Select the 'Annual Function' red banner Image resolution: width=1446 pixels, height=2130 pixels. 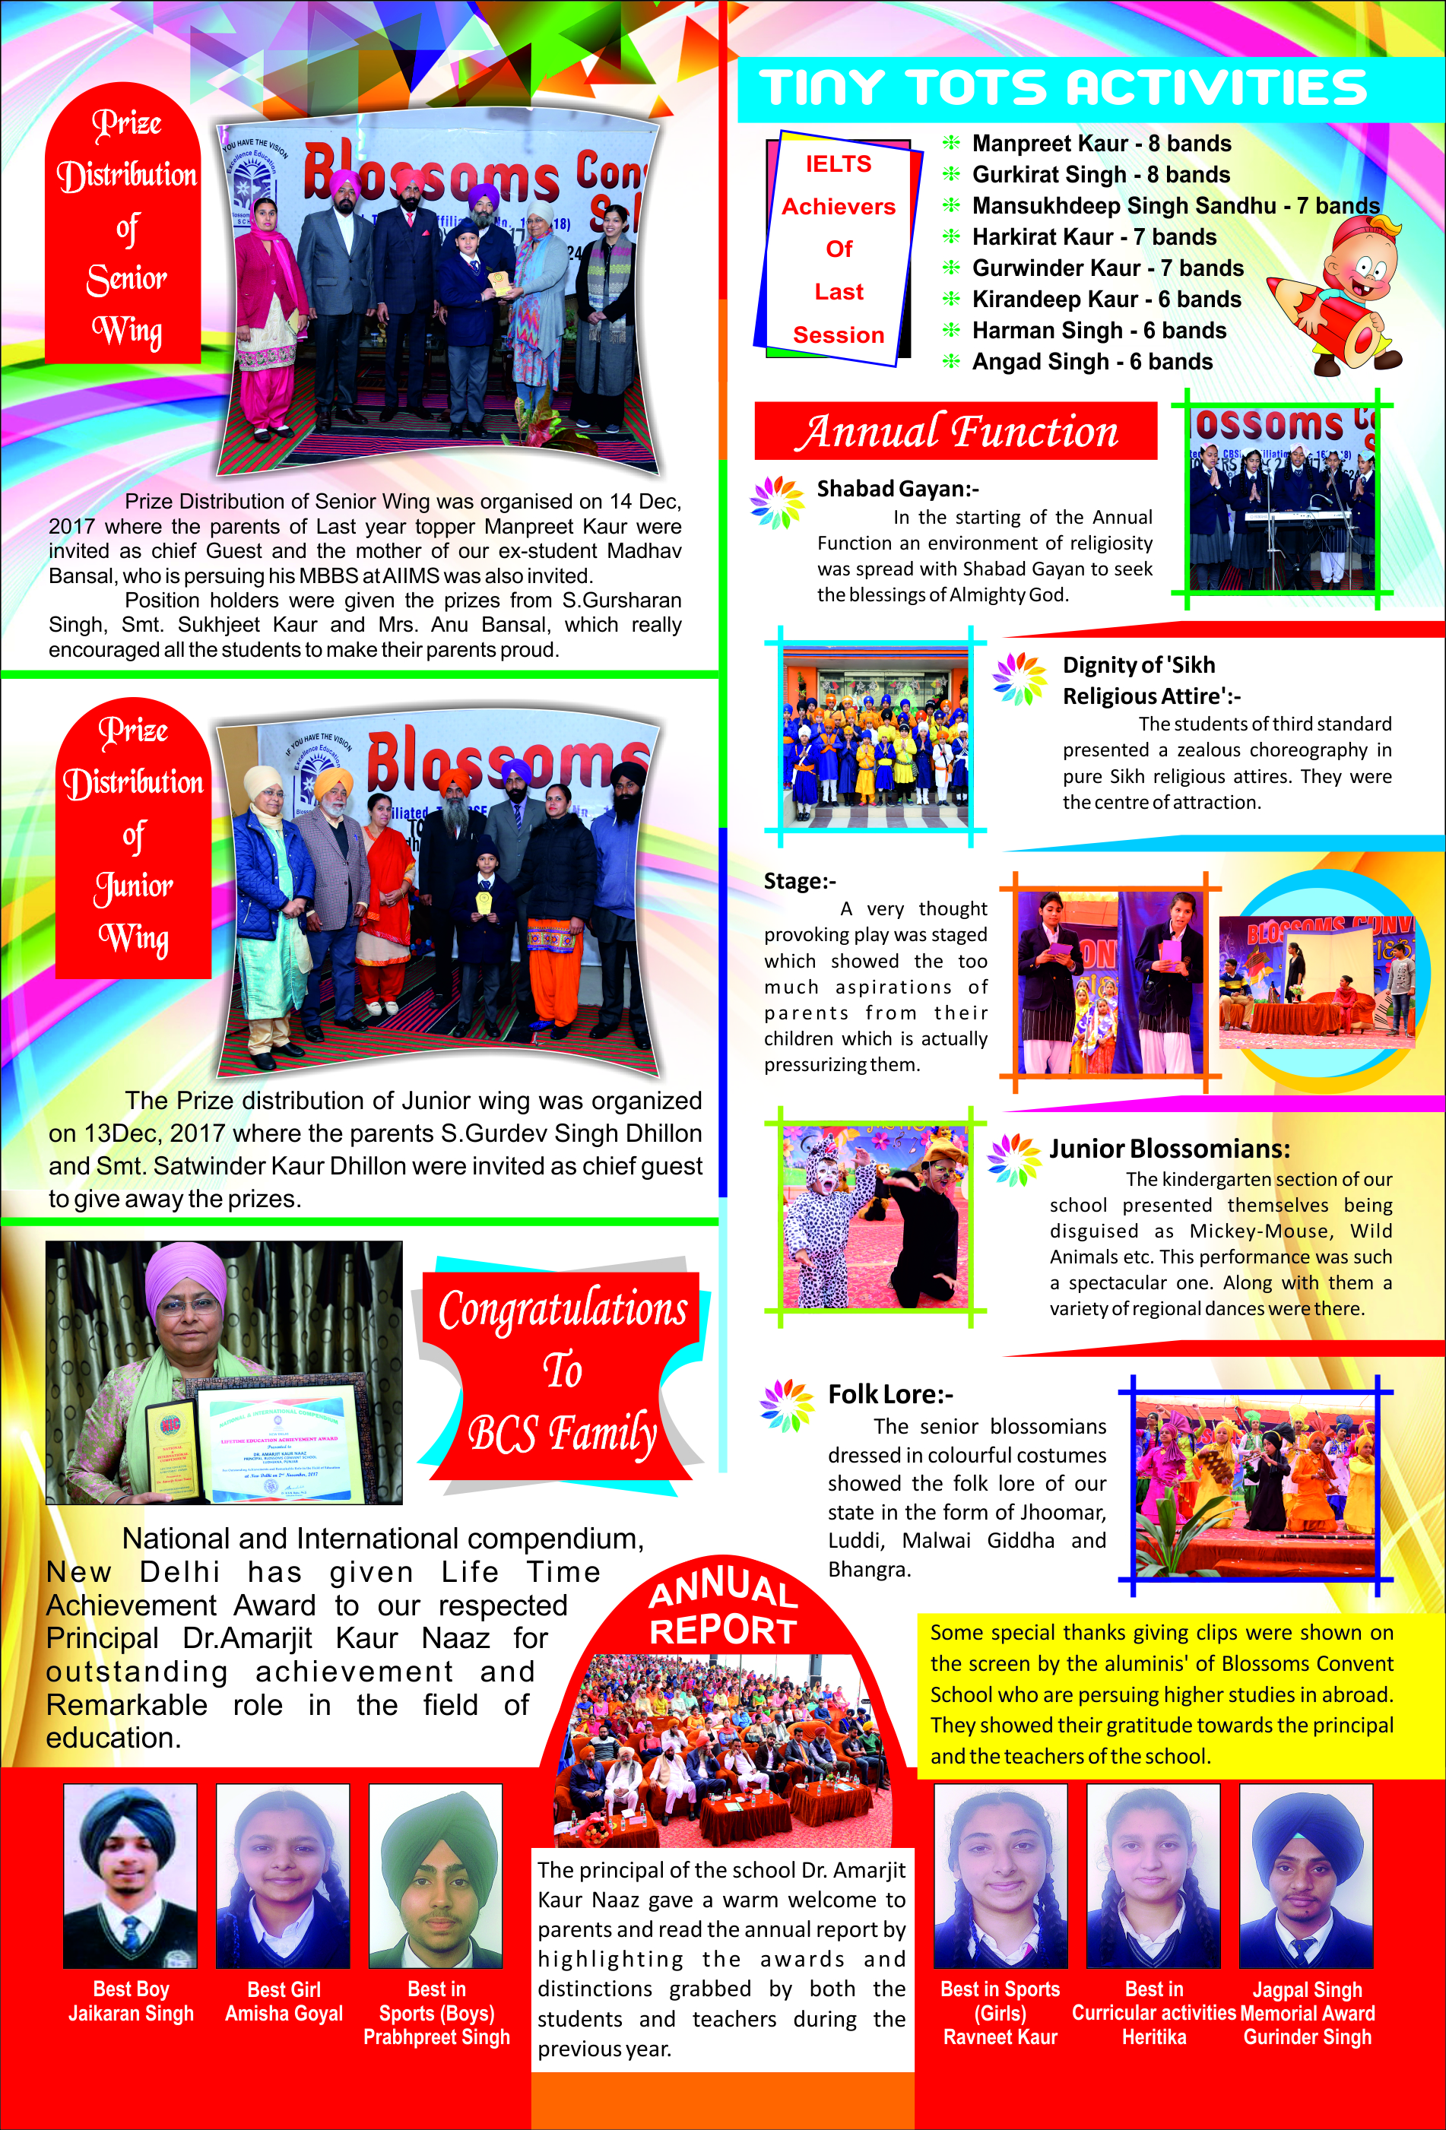pyautogui.click(x=955, y=431)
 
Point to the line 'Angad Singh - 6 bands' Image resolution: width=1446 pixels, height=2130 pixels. pyautogui.click(x=1092, y=362)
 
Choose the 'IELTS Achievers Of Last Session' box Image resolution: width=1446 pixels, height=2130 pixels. pyautogui.click(x=838, y=249)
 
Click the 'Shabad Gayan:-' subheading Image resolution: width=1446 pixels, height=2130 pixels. pyautogui.click(x=897, y=489)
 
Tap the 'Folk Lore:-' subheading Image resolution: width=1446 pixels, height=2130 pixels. pyautogui.click(x=889, y=1394)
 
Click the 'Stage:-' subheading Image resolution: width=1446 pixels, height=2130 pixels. pyautogui.click(x=800, y=881)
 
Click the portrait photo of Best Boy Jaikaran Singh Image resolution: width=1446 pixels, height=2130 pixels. pyautogui.click(x=130, y=1875)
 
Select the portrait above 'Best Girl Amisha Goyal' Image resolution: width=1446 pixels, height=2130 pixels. pyautogui.click(x=283, y=1875)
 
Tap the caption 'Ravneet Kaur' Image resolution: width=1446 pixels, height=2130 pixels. pyautogui.click(x=1000, y=2037)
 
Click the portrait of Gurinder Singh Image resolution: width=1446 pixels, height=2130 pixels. pyautogui.click(x=1306, y=1875)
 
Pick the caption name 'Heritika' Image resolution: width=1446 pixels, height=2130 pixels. pyautogui.click(x=1154, y=2037)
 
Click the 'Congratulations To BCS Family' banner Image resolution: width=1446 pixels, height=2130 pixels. pyautogui.click(x=562, y=1370)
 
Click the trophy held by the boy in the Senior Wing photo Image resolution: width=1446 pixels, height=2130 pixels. pyautogui.click(x=497, y=282)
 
